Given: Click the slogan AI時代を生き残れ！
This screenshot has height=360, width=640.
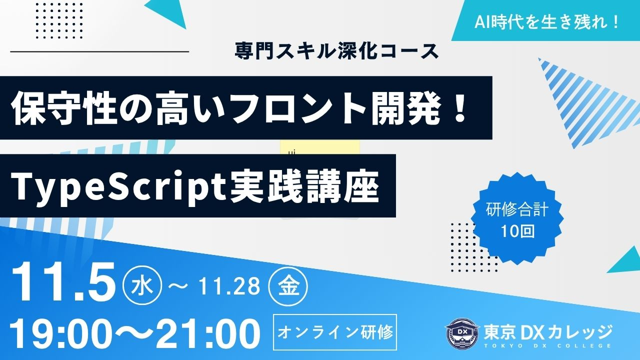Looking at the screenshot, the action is [x=546, y=22].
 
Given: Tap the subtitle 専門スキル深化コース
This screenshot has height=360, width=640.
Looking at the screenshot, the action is [x=336, y=51].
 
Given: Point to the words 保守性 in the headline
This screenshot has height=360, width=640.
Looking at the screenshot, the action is [x=64, y=108].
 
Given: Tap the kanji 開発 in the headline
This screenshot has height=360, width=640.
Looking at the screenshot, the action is [x=405, y=108].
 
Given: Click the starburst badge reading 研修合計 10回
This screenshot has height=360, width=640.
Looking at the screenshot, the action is [x=517, y=218].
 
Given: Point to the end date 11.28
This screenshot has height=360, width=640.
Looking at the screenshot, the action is [x=229, y=286].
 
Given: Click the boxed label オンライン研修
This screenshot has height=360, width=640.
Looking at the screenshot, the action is [x=335, y=332].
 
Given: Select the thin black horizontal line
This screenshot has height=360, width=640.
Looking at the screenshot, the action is [x=99, y=51].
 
